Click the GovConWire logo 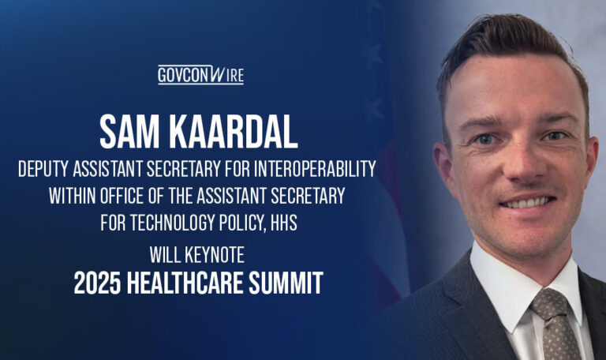[x=200, y=75]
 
